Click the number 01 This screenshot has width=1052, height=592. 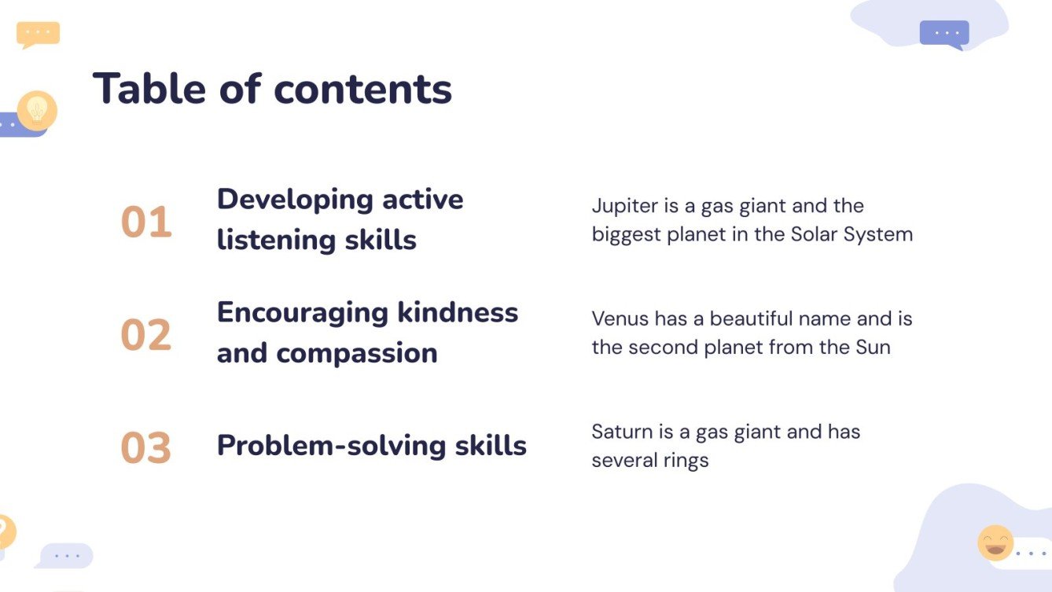pos(146,222)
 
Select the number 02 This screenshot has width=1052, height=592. pos(146,334)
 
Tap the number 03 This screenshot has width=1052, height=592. pos(146,447)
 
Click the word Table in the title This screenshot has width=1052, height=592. pos(149,88)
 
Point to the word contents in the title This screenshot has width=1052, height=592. pos(362,90)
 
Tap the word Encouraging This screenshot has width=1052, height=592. pos(303,314)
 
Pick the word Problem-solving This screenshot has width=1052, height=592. pos(331,447)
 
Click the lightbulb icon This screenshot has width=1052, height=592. pos(37,111)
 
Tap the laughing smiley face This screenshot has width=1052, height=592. pos(995,542)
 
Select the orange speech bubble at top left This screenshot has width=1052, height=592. pos(38,35)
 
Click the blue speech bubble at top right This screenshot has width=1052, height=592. pos(944,35)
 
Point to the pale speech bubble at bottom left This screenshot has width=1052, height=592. pos(64,556)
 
